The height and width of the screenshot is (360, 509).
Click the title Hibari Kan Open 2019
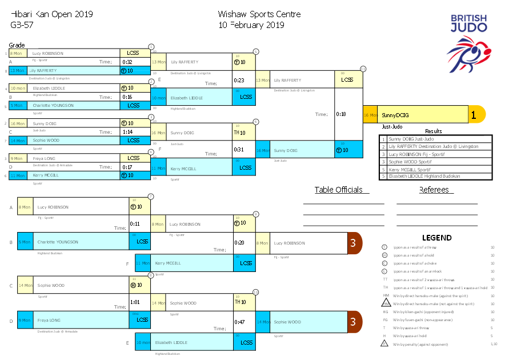pyautogui.click(x=51, y=14)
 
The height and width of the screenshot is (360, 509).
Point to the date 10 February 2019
pyautogui.click(x=251, y=25)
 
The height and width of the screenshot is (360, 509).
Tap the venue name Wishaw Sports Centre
pyautogui.click(x=259, y=14)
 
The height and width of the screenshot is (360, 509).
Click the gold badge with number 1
pyautogui.click(x=474, y=114)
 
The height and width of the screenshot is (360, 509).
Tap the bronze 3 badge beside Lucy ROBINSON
pyautogui.click(x=353, y=243)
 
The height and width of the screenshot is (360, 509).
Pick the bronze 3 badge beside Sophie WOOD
pyautogui.click(x=353, y=322)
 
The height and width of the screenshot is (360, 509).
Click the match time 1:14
pyautogui.click(x=127, y=132)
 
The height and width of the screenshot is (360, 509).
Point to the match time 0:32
pyautogui.click(x=127, y=62)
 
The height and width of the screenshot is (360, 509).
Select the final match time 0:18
pyautogui.click(x=340, y=114)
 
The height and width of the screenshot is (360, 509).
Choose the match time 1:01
pyautogui.click(x=135, y=302)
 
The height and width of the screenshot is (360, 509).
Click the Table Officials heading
pyautogui.click(x=338, y=190)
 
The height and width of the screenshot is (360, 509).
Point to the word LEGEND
pyautogui.click(x=436, y=238)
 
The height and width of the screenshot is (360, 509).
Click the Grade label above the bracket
pyautogui.click(x=17, y=45)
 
